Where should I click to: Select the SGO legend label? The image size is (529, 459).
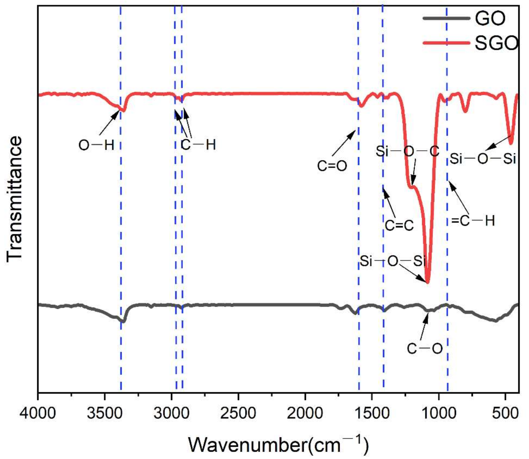(x=496, y=43)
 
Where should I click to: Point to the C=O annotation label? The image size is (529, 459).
(x=332, y=166)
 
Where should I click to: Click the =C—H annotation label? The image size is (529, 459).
(x=473, y=221)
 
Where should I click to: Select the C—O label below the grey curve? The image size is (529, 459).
(x=425, y=348)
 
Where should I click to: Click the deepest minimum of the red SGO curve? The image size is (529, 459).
(x=427, y=282)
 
